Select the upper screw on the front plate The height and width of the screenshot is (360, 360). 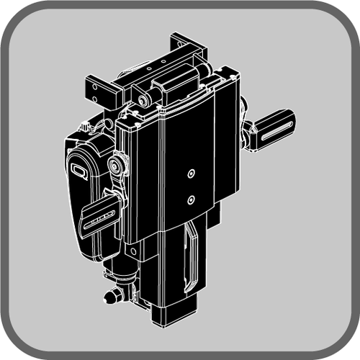pos(191,173)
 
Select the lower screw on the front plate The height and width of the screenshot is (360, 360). pos(191,199)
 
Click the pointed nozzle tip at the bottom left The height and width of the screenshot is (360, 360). pos(109,295)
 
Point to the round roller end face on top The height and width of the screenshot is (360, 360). pos(143,100)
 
